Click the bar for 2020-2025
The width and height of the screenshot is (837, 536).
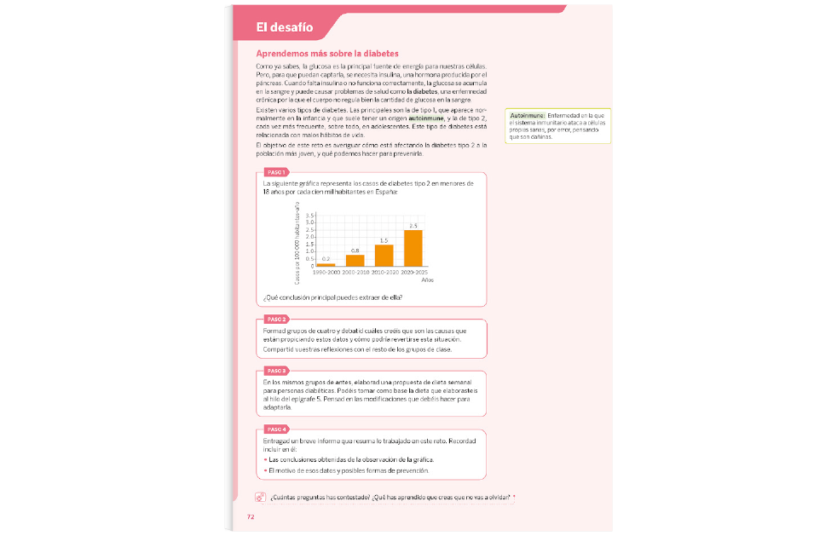tap(413, 248)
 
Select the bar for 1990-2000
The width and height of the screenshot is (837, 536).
tap(326, 265)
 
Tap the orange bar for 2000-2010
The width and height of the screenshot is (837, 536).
tap(355, 261)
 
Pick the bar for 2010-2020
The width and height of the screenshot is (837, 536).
tap(384, 256)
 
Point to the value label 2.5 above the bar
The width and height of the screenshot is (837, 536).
tap(413, 226)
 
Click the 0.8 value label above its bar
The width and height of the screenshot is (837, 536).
tap(355, 251)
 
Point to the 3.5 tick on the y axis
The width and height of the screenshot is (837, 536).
tap(310, 215)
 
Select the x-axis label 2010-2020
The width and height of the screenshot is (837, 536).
tap(384, 272)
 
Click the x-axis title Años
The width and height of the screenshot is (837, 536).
tap(427, 280)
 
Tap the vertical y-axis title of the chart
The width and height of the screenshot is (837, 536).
tap(297, 245)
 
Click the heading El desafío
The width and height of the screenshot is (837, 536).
tap(285, 28)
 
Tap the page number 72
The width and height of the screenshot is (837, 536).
tap(251, 517)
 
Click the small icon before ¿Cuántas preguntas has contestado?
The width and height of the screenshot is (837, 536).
tap(260, 498)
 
